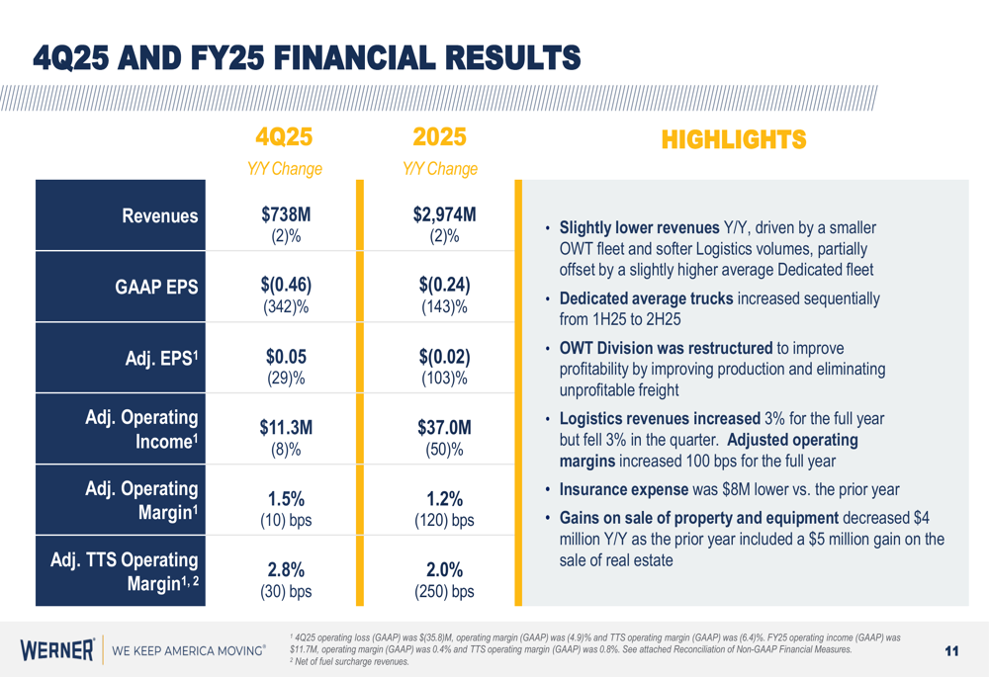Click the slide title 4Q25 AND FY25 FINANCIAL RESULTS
[307, 58]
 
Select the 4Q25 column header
[285, 137]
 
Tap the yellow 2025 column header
[439, 137]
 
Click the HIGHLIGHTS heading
[734, 140]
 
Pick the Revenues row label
[160, 216]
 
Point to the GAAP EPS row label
[156, 288]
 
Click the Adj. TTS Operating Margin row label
[125, 570]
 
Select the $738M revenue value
[286, 214]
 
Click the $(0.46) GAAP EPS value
[286, 285]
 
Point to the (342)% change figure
[286, 306]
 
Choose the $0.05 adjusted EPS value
[286, 357]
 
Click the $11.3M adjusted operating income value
[286, 428]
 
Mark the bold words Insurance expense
[624, 489]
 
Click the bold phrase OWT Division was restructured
[666, 348]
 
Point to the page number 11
[952, 650]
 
